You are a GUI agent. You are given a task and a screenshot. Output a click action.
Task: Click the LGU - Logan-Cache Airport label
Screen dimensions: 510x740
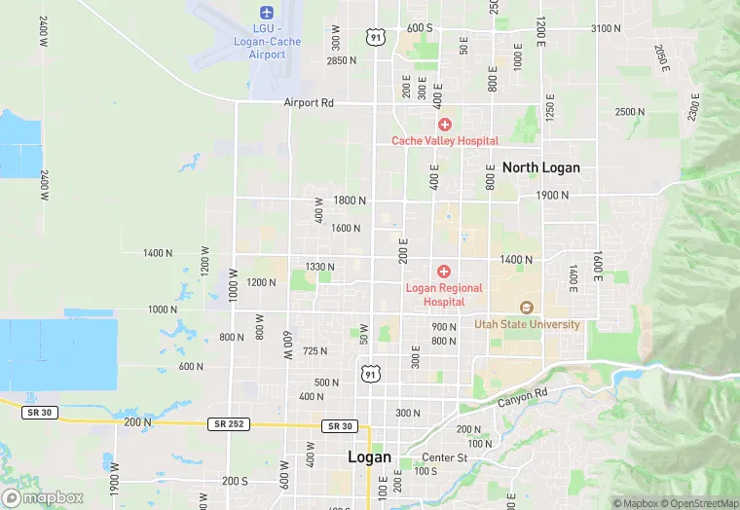click(267, 41)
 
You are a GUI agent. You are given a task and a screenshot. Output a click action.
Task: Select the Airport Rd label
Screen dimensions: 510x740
click(309, 102)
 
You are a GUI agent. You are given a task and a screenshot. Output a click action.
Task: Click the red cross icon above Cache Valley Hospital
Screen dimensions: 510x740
click(444, 124)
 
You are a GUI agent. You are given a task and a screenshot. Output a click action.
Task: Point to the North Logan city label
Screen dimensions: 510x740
click(540, 167)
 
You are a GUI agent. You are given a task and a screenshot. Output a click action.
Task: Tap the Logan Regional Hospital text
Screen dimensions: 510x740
click(444, 295)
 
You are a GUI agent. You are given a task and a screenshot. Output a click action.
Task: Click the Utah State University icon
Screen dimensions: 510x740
click(527, 308)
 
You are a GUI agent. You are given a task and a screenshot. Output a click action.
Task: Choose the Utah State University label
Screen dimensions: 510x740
click(527, 324)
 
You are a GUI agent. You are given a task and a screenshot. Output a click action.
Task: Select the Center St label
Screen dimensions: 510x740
click(445, 457)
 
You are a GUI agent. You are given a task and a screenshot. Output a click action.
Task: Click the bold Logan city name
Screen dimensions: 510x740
click(369, 457)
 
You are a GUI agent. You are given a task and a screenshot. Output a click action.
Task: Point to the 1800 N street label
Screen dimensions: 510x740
click(350, 200)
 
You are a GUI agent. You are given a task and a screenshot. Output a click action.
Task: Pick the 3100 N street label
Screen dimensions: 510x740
click(605, 28)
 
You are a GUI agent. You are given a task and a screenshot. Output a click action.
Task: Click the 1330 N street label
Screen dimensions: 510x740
click(318, 267)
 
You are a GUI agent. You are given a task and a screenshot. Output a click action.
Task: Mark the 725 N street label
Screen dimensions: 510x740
click(315, 350)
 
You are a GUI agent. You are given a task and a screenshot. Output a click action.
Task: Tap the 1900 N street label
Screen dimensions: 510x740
click(552, 196)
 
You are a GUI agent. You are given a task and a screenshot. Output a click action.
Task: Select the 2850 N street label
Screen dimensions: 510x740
click(342, 61)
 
